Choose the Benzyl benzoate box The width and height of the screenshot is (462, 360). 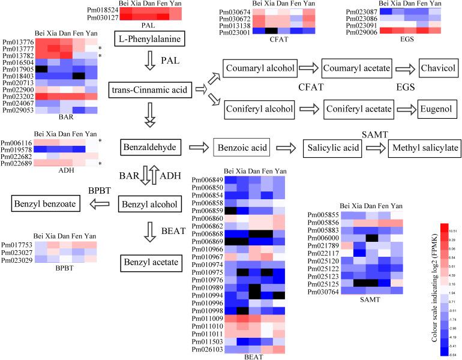(46, 204)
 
